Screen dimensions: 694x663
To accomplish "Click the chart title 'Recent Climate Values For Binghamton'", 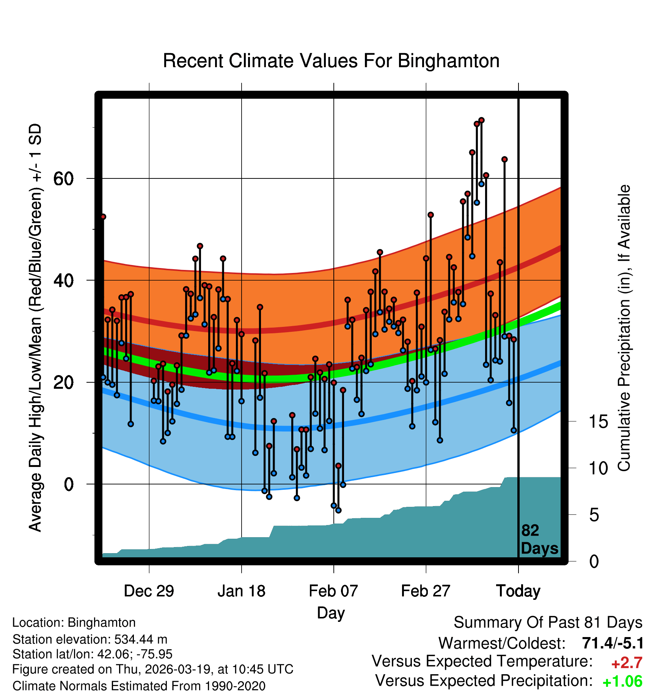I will point(331,61).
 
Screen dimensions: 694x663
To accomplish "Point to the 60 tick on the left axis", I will point(63,178).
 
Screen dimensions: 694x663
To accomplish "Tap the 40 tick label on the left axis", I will point(63,281).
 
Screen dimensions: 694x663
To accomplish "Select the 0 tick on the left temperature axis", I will point(69,484).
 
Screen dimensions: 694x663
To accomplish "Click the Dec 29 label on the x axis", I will point(149,591).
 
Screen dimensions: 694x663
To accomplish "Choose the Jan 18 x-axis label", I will point(241,591).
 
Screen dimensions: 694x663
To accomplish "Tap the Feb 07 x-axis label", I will point(333,591).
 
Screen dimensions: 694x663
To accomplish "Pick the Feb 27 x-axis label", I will point(426,591).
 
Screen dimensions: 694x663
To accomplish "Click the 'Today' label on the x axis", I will point(518,591).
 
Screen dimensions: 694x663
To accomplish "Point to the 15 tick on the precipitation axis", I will point(598,421).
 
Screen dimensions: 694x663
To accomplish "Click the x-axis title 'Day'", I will point(331,613).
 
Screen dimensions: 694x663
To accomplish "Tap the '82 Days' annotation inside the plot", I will point(539,539).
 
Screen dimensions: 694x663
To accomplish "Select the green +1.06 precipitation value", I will point(622,681).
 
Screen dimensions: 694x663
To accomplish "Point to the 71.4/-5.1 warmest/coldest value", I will point(613,643).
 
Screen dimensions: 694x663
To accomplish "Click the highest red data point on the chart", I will point(481,120).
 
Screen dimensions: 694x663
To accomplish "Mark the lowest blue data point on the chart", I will point(338,510).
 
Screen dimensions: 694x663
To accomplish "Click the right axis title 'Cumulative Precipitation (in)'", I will point(624,328).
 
